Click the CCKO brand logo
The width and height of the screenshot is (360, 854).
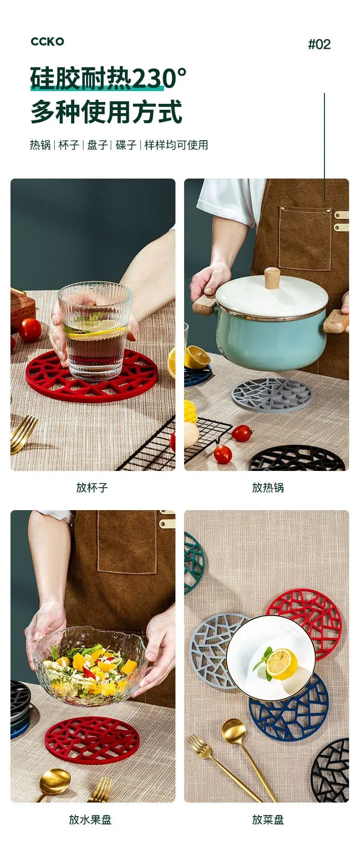point(47,41)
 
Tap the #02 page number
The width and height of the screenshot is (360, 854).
point(319,44)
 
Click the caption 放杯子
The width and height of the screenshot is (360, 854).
point(92,488)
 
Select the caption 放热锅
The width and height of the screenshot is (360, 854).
point(268,488)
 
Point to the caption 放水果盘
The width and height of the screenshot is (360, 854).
point(90,820)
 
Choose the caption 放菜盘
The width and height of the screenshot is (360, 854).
point(268,820)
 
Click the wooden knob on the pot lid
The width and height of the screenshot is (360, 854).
point(272,278)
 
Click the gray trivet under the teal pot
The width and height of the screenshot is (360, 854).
point(271,394)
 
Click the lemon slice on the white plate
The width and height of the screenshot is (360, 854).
point(282,664)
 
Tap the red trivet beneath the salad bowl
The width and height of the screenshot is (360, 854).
point(92,740)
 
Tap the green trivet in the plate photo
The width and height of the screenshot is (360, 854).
point(193,563)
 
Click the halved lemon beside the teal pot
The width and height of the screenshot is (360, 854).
point(197,357)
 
